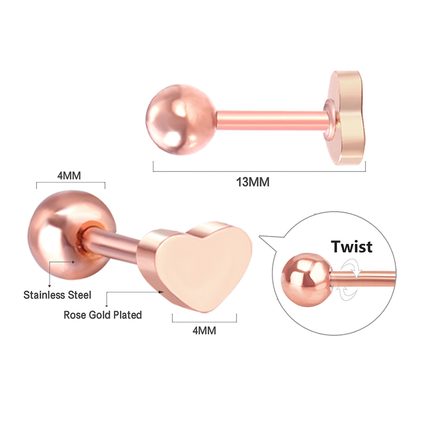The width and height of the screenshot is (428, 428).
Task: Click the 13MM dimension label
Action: (253, 182)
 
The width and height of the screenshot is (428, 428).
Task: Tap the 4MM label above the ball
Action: (69, 175)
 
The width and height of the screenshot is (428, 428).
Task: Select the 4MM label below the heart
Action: (204, 331)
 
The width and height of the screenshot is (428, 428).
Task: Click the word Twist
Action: (351, 247)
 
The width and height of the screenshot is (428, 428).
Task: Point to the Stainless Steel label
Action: (57, 295)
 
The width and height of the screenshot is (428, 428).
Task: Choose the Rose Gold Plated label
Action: (103, 315)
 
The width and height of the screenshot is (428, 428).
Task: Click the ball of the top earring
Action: (181, 119)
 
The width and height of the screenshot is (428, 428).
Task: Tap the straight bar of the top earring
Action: (270, 119)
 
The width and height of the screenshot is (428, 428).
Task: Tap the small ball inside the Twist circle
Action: (307, 280)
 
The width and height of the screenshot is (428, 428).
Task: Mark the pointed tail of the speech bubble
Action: (259, 236)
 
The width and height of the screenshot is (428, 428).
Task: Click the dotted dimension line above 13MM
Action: (259, 171)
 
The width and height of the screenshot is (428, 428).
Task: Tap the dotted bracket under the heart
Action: (204, 322)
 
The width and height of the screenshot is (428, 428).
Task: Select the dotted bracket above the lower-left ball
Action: (71, 182)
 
